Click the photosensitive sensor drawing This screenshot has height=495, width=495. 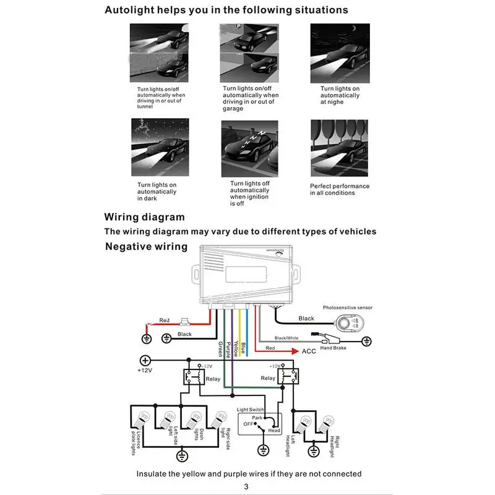pyautogui.click(x=344, y=322)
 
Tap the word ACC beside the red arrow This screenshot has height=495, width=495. pyautogui.click(x=309, y=351)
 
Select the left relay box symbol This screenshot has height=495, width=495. pyautogui.click(x=192, y=377)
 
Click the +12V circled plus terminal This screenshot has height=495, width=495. pyautogui.click(x=145, y=360)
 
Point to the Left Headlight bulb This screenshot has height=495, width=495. pyautogui.click(x=304, y=425)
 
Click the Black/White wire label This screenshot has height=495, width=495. pyautogui.click(x=287, y=338)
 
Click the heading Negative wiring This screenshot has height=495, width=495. pyautogui.click(x=146, y=246)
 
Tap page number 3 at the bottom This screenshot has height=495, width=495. pyautogui.click(x=247, y=486)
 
